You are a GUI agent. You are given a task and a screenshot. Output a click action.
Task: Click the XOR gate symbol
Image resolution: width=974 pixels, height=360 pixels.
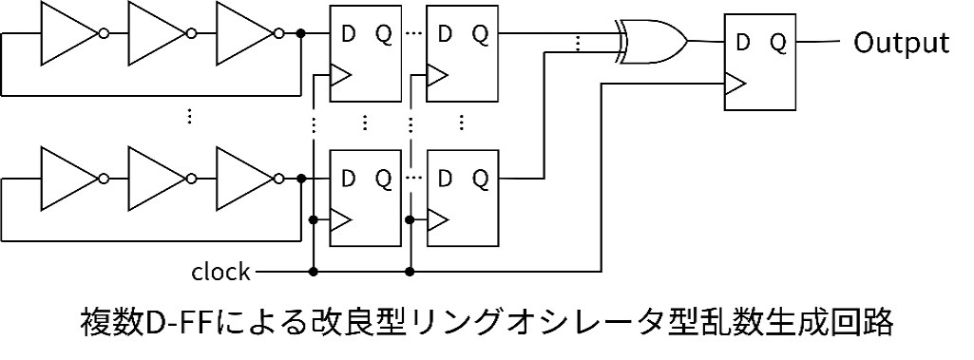pyautogui.click(x=652, y=42)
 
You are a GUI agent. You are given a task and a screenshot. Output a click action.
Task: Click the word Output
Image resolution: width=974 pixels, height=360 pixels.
pyautogui.click(x=901, y=43)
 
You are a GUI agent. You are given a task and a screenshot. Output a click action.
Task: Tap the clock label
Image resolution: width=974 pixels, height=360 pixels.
pyautogui.click(x=220, y=272)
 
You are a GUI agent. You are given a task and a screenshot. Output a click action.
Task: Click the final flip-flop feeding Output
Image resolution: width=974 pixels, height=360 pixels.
pyautogui.click(x=760, y=62)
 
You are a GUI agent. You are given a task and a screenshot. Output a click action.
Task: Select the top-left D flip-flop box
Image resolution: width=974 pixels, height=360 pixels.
pyautogui.click(x=366, y=53)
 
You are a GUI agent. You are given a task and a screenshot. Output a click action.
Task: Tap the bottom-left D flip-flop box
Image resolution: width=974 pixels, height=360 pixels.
pyautogui.click(x=366, y=199)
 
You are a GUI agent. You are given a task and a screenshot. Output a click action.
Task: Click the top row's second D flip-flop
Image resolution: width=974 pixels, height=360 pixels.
pyautogui.click(x=462, y=53)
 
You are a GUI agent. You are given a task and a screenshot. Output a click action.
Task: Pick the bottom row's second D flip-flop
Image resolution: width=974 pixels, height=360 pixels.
pyautogui.click(x=462, y=199)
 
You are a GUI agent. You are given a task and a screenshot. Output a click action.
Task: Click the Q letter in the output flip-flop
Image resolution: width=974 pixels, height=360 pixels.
pyautogui.click(x=778, y=42)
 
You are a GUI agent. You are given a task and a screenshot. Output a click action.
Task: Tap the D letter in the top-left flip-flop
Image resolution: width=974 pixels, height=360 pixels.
pyautogui.click(x=349, y=33)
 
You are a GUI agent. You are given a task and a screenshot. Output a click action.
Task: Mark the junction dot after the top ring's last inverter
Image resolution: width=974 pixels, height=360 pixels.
pyautogui.click(x=301, y=33)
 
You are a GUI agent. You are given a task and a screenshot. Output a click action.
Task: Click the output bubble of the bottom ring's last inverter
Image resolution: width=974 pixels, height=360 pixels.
pyautogui.click(x=279, y=179)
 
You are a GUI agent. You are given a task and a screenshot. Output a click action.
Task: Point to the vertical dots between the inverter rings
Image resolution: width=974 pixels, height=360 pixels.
pyautogui.click(x=189, y=116)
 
